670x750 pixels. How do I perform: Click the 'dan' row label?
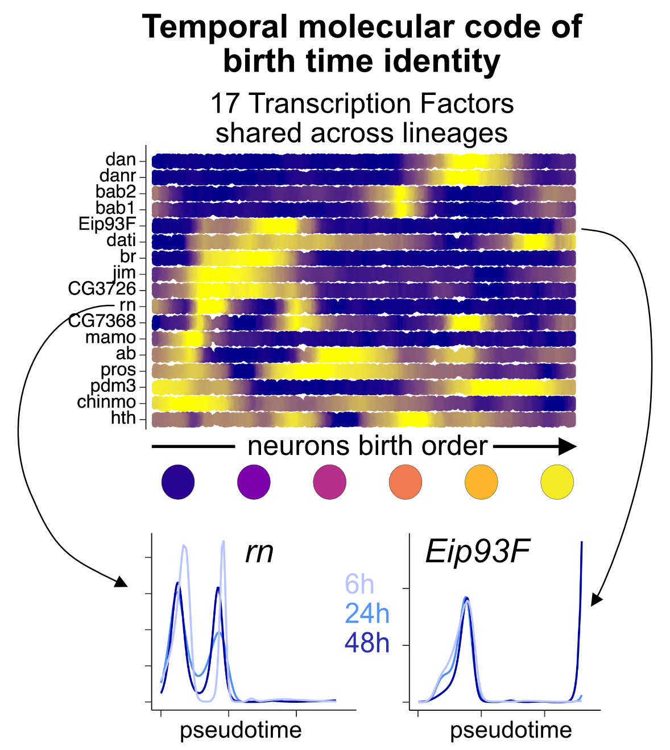[121, 160]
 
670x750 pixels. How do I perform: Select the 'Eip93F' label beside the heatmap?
[107, 224]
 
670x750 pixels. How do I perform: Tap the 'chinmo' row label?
[107, 403]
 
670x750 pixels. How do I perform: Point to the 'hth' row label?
[123, 418]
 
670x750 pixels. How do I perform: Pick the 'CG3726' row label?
[102, 289]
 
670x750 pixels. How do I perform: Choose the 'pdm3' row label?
[113, 387]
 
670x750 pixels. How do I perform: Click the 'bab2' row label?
[116, 192]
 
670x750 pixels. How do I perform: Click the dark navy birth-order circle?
[178, 482]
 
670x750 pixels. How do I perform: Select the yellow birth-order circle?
[557, 482]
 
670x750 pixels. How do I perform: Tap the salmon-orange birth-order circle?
[406, 482]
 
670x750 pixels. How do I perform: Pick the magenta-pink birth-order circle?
[329, 482]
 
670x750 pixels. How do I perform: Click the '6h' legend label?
[359, 585]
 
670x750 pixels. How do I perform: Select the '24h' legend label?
[367, 614]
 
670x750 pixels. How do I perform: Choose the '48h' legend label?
[367, 643]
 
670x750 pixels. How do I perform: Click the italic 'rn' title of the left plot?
[259, 552]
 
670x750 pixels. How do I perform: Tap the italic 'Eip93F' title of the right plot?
[477, 552]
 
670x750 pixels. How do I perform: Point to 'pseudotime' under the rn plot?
[241, 730]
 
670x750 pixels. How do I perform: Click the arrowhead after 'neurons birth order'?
[566, 446]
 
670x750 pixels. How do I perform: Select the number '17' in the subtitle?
[222, 104]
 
